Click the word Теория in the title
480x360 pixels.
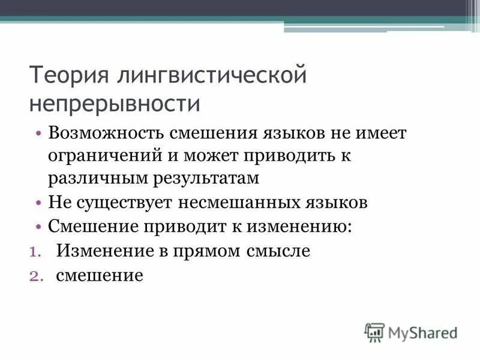click(69, 77)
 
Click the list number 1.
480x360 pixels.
click(34, 252)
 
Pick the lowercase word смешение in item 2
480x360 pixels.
click(100, 276)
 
